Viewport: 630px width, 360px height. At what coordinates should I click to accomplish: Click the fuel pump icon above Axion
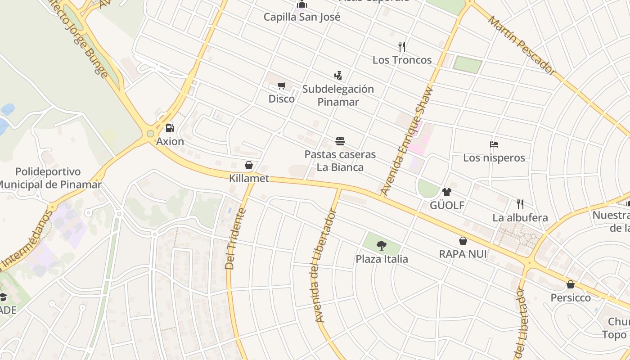click(x=170, y=128)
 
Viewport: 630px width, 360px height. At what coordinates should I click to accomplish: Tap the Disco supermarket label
click(x=282, y=99)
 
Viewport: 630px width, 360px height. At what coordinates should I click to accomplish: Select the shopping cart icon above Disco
click(x=282, y=85)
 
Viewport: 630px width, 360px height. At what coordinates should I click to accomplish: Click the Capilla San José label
click(x=302, y=17)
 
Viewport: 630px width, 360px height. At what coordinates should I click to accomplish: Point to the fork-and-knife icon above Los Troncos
click(x=402, y=46)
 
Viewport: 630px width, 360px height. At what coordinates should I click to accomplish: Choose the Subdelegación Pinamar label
click(x=338, y=95)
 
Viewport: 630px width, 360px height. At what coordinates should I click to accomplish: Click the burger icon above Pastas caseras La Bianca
click(x=340, y=142)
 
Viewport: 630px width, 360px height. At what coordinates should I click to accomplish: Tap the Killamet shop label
click(x=249, y=178)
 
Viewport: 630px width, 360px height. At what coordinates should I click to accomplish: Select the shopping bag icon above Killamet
click(x=249, y=165)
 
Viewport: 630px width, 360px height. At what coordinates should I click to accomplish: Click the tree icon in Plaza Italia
click(x=382, y=246)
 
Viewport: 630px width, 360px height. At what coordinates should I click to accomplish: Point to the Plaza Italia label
click(x=382, y=259)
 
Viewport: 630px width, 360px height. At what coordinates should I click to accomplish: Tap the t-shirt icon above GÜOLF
click(x=446, y=192)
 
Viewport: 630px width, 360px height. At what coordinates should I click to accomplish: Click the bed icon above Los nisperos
click(x=494, y=144)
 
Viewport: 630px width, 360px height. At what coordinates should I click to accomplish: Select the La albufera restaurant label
click(x=520, y=218)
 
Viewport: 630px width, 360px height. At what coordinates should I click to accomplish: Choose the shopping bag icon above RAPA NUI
click(x=463, y=241)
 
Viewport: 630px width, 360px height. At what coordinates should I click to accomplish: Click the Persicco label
click(x=571, y=298)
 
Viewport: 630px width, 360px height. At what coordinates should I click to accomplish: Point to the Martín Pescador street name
click(x=522, y=45)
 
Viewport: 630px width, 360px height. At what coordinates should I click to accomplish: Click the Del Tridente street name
click(x=236, y=238)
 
